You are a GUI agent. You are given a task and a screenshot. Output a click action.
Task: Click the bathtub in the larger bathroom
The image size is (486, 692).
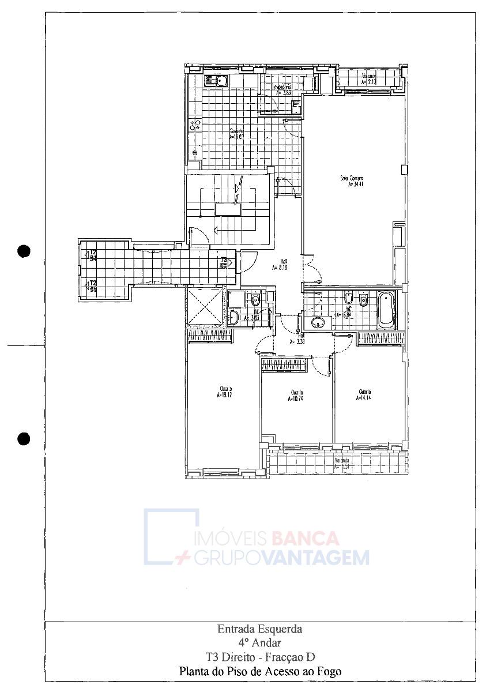point(386,310)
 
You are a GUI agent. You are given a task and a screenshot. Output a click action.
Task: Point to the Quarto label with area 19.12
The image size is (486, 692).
point(225,392)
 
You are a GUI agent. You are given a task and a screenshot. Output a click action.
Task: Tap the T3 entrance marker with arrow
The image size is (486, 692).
point(225,262)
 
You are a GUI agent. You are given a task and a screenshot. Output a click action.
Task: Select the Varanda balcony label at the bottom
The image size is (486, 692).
point(342,464)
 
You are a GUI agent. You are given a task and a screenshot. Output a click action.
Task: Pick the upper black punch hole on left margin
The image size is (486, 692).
point(24,251)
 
